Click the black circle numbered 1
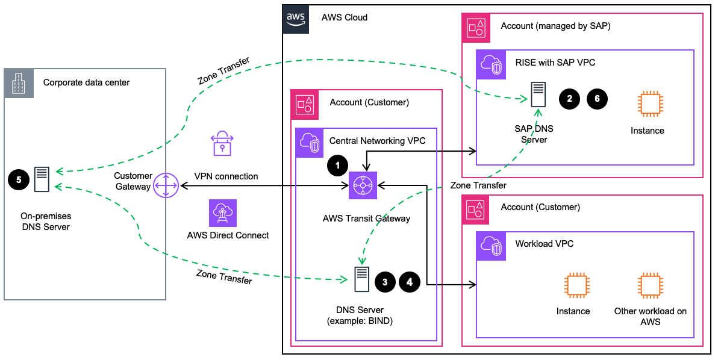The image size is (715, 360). tap(338, 164)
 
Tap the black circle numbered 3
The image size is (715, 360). tap(386, 282)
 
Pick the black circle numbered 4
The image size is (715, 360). tap(410, 282)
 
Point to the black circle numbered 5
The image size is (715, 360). tap(19, 179)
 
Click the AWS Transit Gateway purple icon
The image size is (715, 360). tap(363, 186)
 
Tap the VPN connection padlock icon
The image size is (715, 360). tap(222, 144)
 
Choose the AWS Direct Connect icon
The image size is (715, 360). tap(223, 213)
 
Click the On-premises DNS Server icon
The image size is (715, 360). tap(42, 179)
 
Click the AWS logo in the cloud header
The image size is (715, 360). tap(296, 18)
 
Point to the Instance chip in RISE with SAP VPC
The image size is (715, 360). tap(647, 103)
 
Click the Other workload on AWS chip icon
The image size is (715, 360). tap(649, 285)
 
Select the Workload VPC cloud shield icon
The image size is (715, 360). tap(491, 244)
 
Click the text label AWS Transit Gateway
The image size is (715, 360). tap(366, 219)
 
